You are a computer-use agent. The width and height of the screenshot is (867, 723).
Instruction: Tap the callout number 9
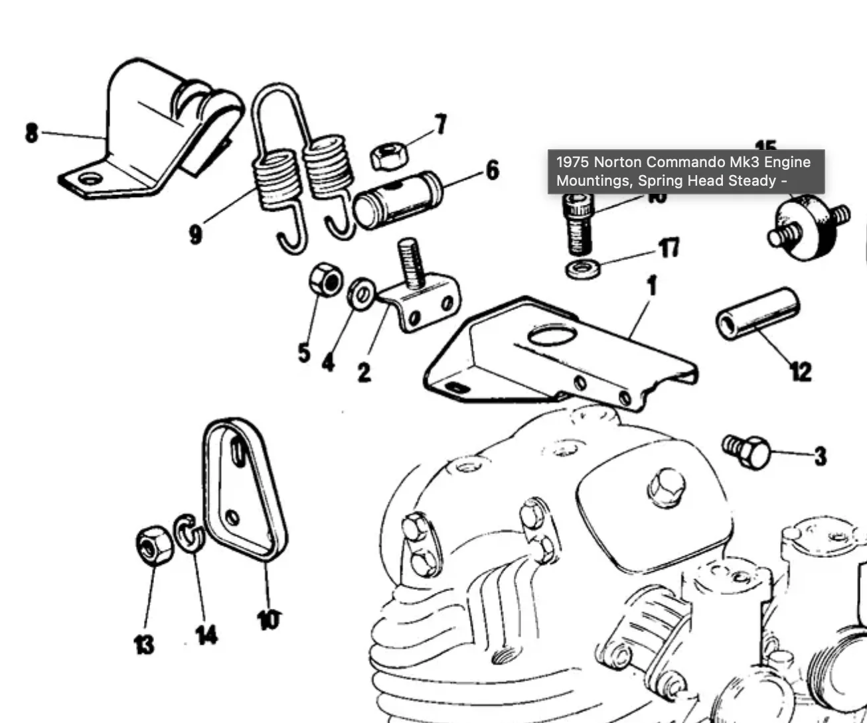[x=195, y=233]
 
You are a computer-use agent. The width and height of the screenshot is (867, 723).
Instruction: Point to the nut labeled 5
[x=325, y=283]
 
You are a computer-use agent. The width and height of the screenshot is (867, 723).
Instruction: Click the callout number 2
[x=364, y=371]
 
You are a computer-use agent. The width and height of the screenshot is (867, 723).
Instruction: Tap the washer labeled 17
[x=584, y=269]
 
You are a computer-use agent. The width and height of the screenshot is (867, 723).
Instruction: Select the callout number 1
[x=652, y=286]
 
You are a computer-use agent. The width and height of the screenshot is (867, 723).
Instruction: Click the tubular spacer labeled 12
[x=757, y=314]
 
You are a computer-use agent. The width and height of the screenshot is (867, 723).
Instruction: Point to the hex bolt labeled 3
[x=748, y=452]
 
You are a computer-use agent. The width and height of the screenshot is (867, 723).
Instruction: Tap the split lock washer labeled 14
[x=187, y=533]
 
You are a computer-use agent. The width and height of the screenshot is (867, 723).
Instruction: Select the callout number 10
[x=268, y=620]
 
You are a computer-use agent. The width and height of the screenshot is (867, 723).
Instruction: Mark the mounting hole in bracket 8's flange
[x=90, y=178]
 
